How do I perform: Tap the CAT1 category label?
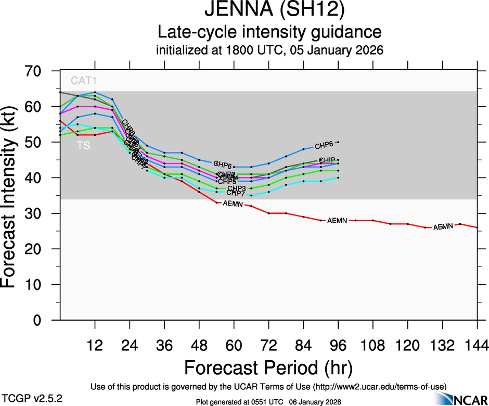84,81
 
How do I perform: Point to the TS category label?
83,146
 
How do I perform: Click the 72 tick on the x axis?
268,345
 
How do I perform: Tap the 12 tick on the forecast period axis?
95,345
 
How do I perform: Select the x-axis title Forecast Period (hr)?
268,367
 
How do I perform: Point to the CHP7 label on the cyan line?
236,194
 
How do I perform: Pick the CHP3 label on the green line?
237,188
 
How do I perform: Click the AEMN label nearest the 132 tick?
443,227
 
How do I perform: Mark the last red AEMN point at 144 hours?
477,227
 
